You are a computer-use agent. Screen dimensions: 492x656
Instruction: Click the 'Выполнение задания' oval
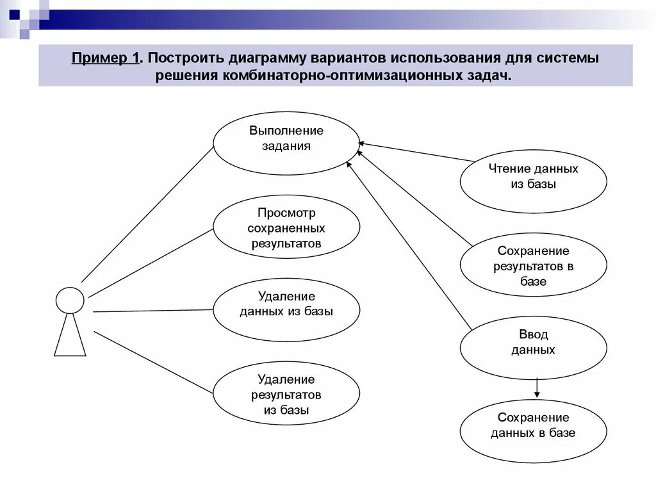(286, 144)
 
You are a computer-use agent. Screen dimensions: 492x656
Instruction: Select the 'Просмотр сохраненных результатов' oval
(286, 227)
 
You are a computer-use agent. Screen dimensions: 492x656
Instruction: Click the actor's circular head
(70, 300)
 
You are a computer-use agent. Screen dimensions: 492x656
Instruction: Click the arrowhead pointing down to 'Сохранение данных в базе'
(537, 394)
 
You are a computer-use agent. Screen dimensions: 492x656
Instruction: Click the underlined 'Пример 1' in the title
(106, 58)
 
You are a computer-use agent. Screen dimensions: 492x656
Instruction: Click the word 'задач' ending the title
(493, 76)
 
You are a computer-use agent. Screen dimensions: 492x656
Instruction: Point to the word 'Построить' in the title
(186, 58)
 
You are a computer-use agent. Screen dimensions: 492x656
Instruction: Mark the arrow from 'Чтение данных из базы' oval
(416, 152)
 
